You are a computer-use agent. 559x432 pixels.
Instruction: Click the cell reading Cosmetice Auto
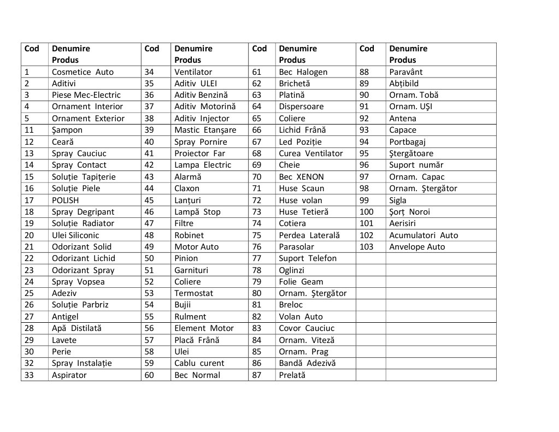click(x=83, y=72)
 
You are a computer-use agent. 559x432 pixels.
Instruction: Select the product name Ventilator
click(x=193, y=72)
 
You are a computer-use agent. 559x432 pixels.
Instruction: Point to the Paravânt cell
click(x=405, y=72)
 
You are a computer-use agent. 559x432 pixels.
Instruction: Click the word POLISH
click(x=65, y=200)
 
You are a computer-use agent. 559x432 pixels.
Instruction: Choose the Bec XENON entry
click(x=301, y=176)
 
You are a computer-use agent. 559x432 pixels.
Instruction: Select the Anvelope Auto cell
click(x=417, y=246)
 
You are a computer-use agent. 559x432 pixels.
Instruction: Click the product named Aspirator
click(x=69, y=375)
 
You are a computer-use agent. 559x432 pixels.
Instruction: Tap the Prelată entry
click(x=292, y=375)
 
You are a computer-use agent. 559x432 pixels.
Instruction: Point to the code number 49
click(x=149, y=246)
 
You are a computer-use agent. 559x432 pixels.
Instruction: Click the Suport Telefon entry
click(x=308, y=258)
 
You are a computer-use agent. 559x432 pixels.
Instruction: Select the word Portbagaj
click(x=407, y=141)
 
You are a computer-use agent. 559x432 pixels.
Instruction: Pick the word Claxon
click(x=187, y=188)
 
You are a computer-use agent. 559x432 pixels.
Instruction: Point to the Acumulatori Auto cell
click(x=423, y=235)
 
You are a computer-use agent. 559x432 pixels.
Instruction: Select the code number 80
click(x=257, y=293)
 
